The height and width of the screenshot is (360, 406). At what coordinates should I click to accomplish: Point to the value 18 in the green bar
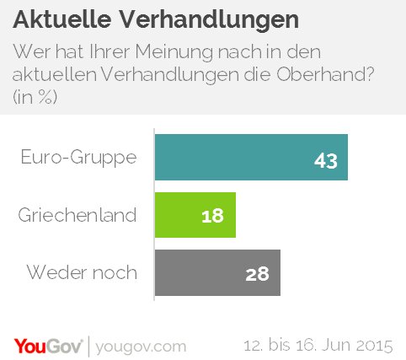tap(213, 216)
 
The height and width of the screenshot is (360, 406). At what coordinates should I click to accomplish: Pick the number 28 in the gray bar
tap(257, 274)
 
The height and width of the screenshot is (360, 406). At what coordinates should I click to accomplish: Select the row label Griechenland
tap(77, 215)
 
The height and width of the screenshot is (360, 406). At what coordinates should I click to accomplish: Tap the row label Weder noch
tap(82, 273)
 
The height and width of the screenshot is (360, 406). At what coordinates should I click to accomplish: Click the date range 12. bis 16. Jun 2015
tap(318, 346)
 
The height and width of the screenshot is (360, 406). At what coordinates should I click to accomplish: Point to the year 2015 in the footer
tap(375, 346)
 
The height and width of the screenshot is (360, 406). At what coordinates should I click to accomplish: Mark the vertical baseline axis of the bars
tap(155, 215)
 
